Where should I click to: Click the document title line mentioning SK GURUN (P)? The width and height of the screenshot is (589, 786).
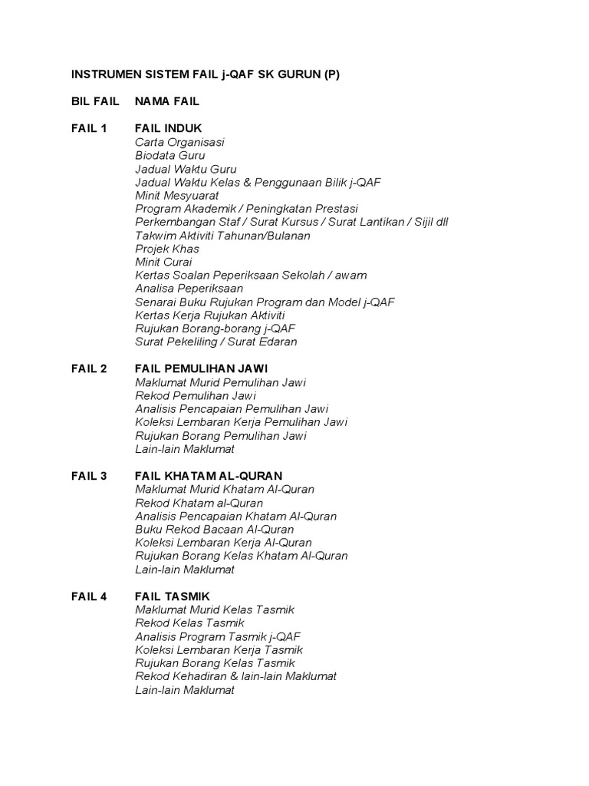(206, 75)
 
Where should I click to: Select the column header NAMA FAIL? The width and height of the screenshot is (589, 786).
(167, 101)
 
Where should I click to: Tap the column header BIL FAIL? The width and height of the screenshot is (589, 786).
(95, 101)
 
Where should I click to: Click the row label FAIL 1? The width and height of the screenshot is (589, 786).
(89, 128)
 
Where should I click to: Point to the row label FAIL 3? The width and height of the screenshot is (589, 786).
(89, 476)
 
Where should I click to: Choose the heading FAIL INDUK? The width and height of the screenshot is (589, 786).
(169, 128)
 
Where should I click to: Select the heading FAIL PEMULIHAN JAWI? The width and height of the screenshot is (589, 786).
(201, 368)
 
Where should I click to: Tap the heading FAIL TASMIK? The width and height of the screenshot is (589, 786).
(173, 596)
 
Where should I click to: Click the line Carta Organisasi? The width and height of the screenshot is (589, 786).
(179, 142)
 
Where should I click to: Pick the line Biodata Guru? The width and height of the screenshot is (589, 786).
(170, 155)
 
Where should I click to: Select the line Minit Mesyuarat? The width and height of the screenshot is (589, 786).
(177, 195)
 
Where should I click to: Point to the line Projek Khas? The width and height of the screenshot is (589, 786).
(167, 249)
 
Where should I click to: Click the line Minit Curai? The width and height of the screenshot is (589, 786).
(163, 262)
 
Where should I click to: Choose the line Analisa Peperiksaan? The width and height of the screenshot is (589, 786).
(189, 289)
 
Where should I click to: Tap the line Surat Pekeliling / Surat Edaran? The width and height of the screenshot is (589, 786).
(216, 342)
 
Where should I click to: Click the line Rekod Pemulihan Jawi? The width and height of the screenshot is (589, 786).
(196, 395)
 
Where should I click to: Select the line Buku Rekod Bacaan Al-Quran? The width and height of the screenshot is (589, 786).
(215, 529)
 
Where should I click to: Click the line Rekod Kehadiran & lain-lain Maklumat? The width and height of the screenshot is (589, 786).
(236, 676)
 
